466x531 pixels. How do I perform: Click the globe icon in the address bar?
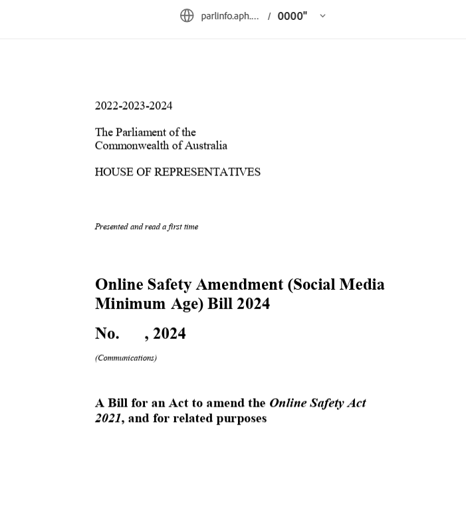pyautogui.click(x=187, y=15)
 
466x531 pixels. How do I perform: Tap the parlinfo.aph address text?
pyautogui.click(x=229, y=16)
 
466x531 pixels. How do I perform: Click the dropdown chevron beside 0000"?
pyautogui.click(x=322, y=16)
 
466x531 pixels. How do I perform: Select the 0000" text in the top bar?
pyautogui.click(x=292, y=16)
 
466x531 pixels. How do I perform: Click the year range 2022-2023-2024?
pyautogui.click(x=134, y=106)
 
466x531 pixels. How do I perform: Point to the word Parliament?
pyautogui.click(x=147, y=132)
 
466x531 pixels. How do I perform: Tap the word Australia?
pyautogui.click(x=204, y=146)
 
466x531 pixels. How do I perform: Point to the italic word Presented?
pyautogui.click(x=111, y=227)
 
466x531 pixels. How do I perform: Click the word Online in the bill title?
pyautogui.click(x=119, y=284)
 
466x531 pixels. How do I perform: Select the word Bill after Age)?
pyautogui.click(x=220, y=304)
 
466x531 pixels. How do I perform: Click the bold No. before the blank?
pyautogui.click(x=107, y=334)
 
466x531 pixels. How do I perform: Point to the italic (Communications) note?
pyautogui.click(x=126, y=358)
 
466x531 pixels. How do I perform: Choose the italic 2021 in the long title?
pyautogui.click(x=108, y=419)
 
